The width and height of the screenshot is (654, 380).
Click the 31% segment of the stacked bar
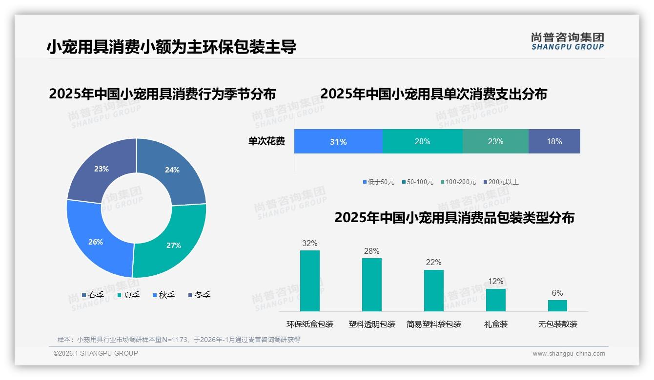[x=338, y=142]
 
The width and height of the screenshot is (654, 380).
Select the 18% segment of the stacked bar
[x=554, y=142]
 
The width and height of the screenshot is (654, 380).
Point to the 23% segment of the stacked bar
[x=495, y=142]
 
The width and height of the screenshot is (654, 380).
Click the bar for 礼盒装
[x=496, y=300]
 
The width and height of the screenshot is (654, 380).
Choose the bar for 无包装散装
[x=557, y=305]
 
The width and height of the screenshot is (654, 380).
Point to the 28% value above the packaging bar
[x=371, y=251]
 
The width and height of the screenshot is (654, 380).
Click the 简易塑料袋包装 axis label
[x=434, y=324]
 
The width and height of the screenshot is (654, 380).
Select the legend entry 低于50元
[x=379, y=182]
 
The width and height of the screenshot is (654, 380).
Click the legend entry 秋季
[x=163, y=295]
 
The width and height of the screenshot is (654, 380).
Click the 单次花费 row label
[x=266, y=142]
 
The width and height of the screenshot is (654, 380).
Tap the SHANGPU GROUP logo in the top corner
[x=567, y=41]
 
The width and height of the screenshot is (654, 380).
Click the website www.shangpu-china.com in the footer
[x=569, y=354]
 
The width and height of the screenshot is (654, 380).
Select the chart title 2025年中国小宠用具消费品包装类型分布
[x=454, y=218]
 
